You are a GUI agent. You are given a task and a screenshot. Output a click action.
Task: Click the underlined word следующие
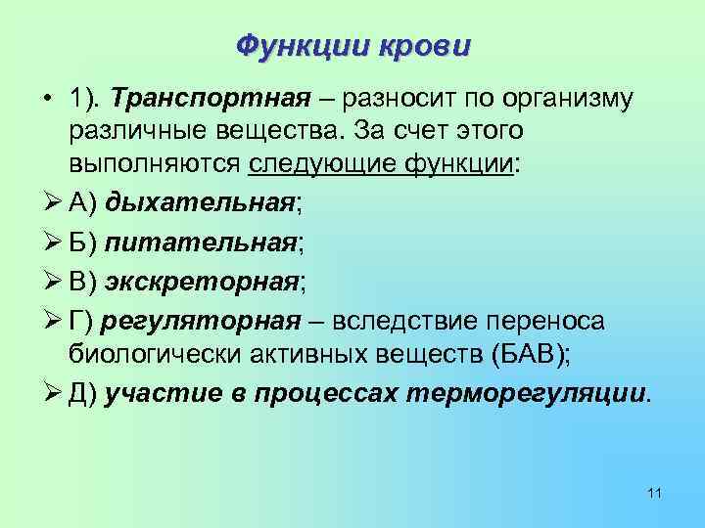click(x=308, y=162)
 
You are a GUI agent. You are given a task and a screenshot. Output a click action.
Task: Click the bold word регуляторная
click(x=208, y=322)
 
